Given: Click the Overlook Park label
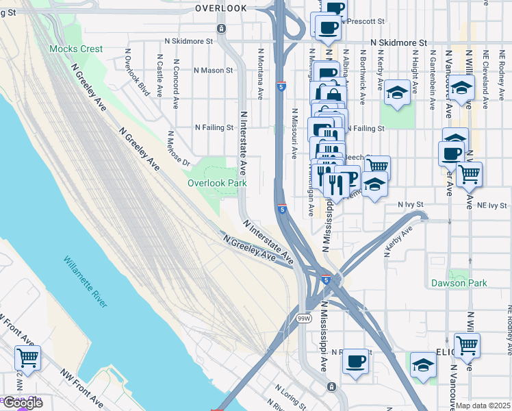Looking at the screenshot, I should pyautogui.click(x=218, y=183).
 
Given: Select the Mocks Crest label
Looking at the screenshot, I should pyautogui.click(x=76, y=49).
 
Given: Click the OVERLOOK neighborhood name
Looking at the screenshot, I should pyautogui.click(x=220, y=8).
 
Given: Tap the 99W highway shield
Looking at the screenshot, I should pyautogui.click(x=304, y=319).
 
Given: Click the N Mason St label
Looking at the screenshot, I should pyautogui.click(x=214, y=70).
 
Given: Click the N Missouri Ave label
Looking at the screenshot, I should pyautogui.click(x=294, y=134).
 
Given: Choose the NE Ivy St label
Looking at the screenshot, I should pyautogui.click(x=492, y=205).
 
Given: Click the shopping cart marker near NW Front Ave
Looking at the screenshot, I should pyautogui.click(x=27, y=357).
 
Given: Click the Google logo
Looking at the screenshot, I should pyautogui.click(x=22, y=403).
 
